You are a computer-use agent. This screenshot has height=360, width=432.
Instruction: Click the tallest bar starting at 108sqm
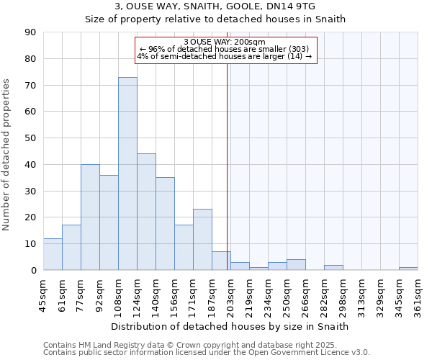click(x=127, y=174)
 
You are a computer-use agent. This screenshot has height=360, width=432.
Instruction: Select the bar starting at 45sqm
click(x=53, y=254)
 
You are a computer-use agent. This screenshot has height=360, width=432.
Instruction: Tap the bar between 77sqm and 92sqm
click(x=90, y=217)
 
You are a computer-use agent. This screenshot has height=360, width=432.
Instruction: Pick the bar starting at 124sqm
click(x=146, y=212)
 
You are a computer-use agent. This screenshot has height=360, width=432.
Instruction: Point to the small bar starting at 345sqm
click(x=408, y=269)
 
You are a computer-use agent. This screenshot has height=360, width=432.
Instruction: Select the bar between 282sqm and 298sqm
click(x=333, y=267)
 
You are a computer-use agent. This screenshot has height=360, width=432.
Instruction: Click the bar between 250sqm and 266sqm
click(x=296, y=265)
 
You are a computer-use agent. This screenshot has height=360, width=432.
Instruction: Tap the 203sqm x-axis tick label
click(x=230, y=295)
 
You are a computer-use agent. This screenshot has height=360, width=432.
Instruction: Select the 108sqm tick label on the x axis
click(x=118, y=295)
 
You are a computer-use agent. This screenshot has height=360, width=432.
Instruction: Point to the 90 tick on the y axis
click(x=30, y=32)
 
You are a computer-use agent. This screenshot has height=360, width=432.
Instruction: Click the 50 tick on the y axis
click(x=30, y=138)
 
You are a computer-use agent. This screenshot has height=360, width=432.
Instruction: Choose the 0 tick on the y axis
click(x=33, y=271)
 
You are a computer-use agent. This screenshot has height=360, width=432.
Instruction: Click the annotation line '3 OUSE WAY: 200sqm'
click(x=225, y=42)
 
